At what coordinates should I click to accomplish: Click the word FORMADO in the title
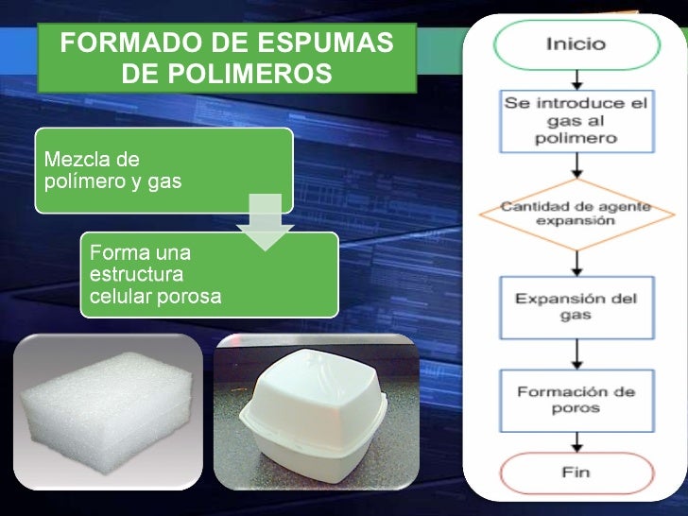[x=119, y=43]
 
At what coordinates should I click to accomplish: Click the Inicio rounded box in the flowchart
[x=576, y=44]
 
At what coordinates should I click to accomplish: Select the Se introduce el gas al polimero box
[x=576, y=121]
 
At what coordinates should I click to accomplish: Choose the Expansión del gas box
[x=576, y=306]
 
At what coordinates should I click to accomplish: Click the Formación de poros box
[x=576, y=400]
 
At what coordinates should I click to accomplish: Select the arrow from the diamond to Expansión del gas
[x=576, y=262]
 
